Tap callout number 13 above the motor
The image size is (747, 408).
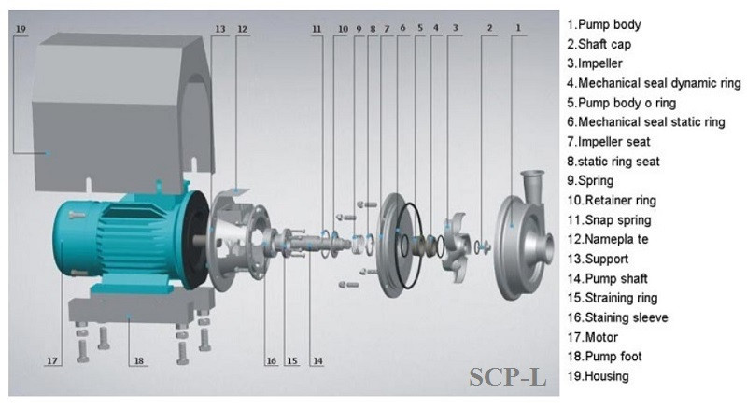click(220, 29)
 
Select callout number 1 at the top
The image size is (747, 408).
click(518, 29)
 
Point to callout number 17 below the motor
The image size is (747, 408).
click(52, 359)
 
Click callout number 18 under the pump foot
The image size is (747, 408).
click(138, 359)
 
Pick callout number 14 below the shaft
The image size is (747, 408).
click(317, 361)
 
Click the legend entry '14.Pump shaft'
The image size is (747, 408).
click(613, 278)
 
